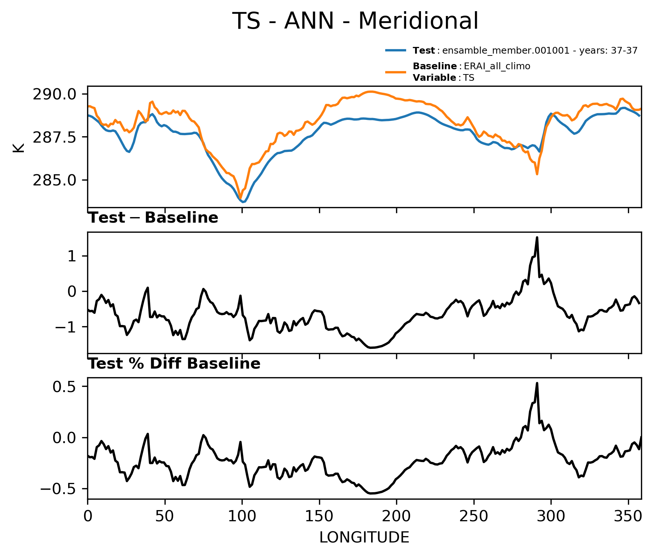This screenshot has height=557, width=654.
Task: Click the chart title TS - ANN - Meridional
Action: [x=355, y=21]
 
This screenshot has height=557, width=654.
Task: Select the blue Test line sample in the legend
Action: [x=396, y=51]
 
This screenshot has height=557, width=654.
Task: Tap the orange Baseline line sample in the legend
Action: [x=396, y=72]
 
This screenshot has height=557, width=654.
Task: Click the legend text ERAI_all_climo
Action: [x=497, y=66]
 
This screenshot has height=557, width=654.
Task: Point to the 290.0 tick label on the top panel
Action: [x=55, y=94]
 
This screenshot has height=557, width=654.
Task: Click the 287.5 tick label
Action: [x=55, y=137]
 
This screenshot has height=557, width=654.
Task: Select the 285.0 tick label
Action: [x=55, y=180]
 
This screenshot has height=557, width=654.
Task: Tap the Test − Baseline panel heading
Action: [x=153, y=218]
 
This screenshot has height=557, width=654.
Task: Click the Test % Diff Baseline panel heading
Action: [x=174, y=364]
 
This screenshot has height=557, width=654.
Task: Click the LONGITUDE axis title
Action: [x=364, y=537]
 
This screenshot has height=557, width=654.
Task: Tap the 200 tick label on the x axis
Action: [x=396, y=516]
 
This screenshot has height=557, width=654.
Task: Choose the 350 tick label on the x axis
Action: [x=628, y=516]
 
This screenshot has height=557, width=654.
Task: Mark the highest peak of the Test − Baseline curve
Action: [x=537, y=237]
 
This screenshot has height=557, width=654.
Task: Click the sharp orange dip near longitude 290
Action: [x=537, y=174]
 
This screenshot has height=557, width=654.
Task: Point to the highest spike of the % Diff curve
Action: [x=537, y=383]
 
